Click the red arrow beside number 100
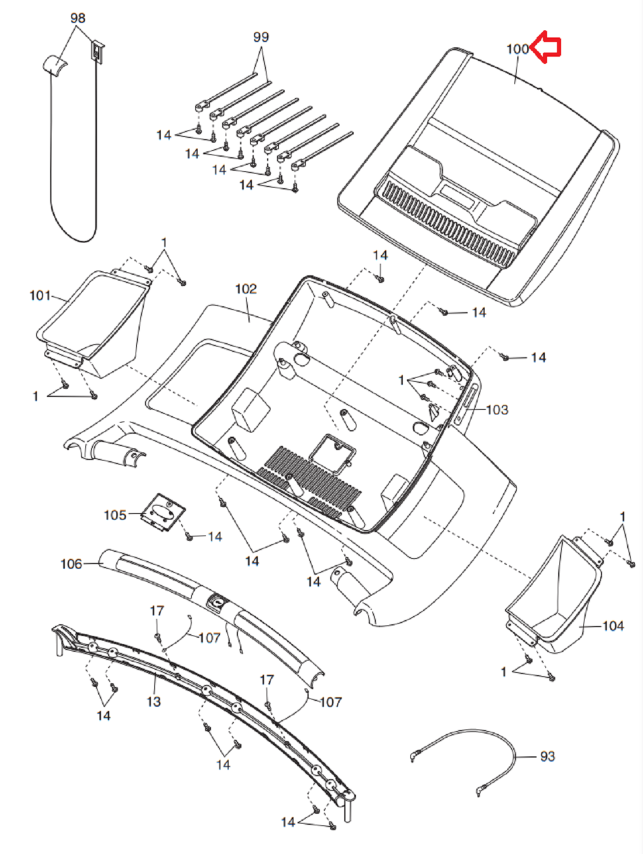[x=545, y=46]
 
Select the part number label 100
[x=518, y=49]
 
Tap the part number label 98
[x=78, y=18]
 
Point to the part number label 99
[x=261, y=37]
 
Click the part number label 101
[x=40, y=296]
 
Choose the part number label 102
[x=246, y=289]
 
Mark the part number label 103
[x=497, y=410]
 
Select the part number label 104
[x=613, y=626]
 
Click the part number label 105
[x=115, y=515]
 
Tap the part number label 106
[x=71, y=563]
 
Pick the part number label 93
[x=547, y=756]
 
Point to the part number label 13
[x=154, y=702]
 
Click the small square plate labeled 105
[x=162, y=513]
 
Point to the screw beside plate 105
[x=189, y=537]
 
